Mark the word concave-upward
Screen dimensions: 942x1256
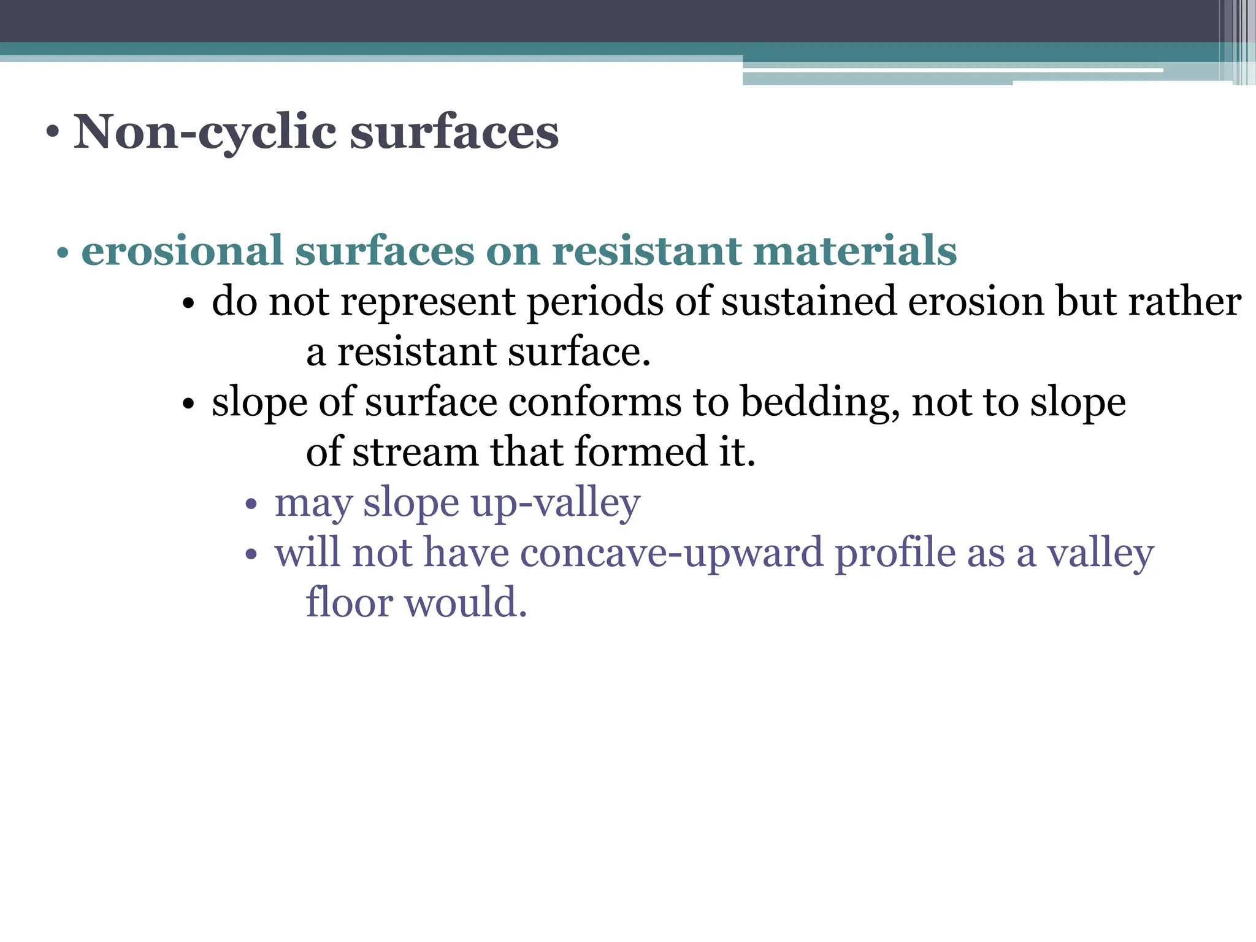[672, 553]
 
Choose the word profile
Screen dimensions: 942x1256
[895, 553]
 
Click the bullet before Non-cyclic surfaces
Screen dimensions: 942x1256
[53, 133]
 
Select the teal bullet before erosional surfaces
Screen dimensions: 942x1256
[62, 253]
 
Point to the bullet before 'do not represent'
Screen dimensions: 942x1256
[188, 304]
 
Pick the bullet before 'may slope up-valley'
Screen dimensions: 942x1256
[250, 505]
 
